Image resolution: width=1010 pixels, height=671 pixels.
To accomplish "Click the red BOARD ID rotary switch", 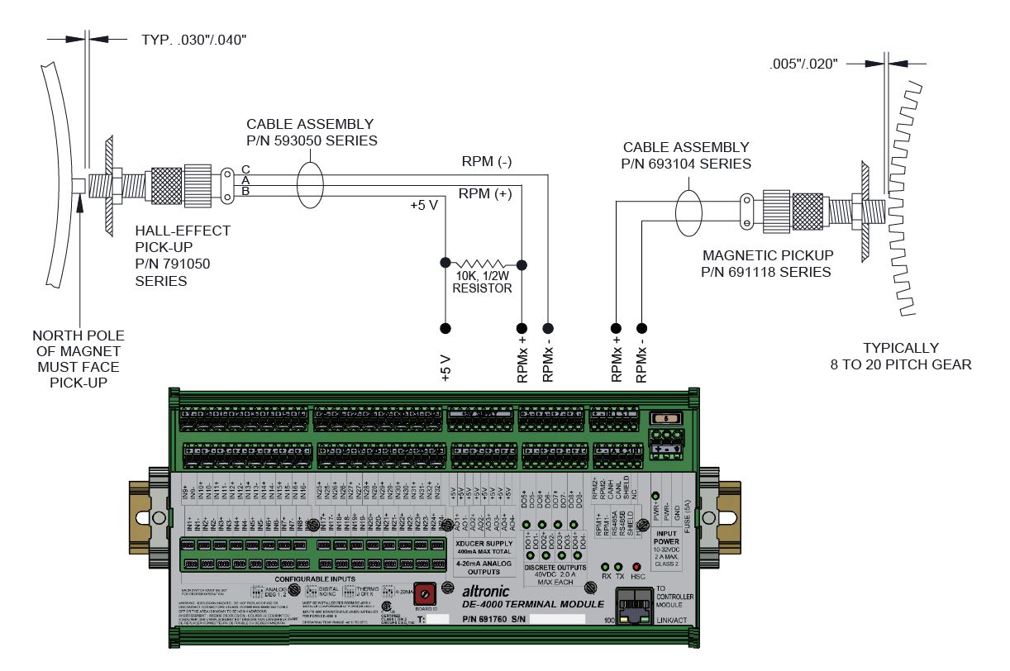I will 426,592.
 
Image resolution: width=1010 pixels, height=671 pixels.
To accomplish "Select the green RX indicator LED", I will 606,566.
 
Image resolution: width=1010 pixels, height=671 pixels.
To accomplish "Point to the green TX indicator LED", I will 621,566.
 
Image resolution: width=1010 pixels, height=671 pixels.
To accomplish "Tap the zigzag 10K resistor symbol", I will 484,265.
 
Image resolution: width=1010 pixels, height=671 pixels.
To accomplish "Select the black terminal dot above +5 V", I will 446,328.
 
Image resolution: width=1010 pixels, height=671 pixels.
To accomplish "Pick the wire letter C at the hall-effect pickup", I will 245,169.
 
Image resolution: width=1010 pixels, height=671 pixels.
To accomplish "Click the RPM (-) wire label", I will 487,162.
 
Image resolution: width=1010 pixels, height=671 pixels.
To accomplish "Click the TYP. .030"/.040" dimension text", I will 188,38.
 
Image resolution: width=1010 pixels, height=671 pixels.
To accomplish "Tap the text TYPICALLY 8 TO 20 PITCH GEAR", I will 901,356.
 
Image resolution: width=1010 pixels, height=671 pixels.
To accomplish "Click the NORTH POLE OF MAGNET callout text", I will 79,359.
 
